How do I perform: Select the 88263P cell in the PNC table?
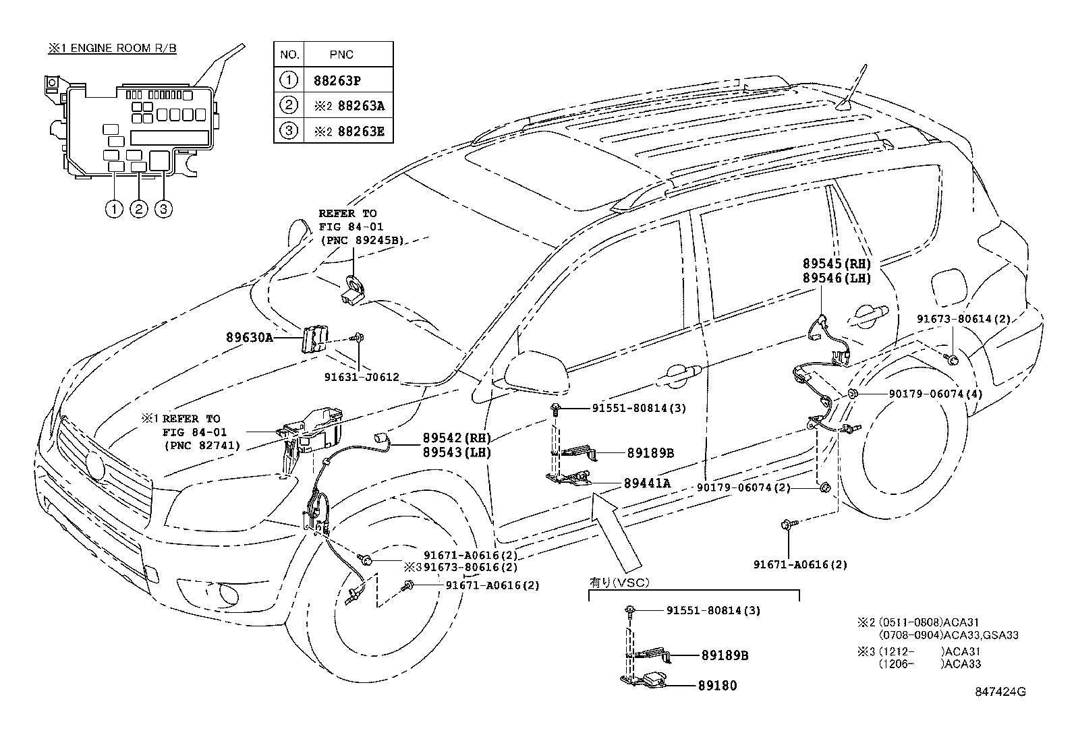pyautogui.click(x=337, y=80)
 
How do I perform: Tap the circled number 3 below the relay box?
pyautogui.click(x=163, y=209)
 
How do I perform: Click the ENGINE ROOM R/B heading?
pyautogui.click(x=112, y=49)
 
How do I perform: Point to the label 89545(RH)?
pyautogui.click(x=837, y=264)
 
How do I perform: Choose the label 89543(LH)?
pyautogui.click(x=457, y=452)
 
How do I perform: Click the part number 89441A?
pyautogui.click(x=647, y=483)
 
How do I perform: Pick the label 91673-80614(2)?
pyautogui.click(x=963, y=319)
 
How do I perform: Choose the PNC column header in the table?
pyautogui.click(x=343, y=55)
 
